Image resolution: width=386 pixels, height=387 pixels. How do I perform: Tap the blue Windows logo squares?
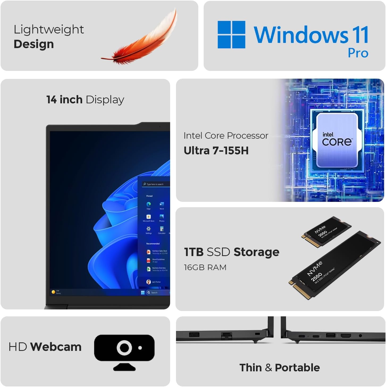tap(231, 35)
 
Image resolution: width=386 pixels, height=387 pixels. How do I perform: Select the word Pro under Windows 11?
tap(358, 53)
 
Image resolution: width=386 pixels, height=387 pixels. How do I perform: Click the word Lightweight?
tap(49, 29)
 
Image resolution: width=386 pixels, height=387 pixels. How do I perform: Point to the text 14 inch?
tap(64, 100)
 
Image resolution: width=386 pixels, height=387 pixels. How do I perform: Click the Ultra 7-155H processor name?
tap(216, 151)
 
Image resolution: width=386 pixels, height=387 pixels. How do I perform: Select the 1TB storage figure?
tap(194, 252)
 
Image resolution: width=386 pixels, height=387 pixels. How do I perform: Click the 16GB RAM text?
tap(205, 267)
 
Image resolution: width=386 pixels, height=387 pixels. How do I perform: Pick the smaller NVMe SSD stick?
tap(326, 232)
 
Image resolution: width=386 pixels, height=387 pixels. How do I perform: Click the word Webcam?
tap(56, 347)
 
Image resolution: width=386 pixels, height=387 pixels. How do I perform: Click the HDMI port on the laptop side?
tap(346, 336)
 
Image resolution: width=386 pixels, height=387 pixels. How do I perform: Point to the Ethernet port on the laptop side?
tap(226, 335)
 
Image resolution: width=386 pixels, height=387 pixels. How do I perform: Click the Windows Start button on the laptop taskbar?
tap(143, 292)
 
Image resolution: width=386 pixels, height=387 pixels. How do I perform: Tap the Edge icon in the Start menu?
tap(149, 204)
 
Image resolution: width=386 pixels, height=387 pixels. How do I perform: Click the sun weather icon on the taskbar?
tap(53, 292)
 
